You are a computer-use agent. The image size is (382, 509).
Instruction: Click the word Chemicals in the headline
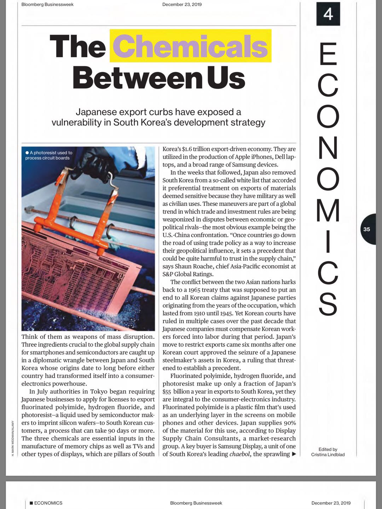pos(190,46)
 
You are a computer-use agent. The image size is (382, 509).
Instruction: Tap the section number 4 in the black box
pos(328,14)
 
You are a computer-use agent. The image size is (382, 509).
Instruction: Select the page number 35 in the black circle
pos(367,229)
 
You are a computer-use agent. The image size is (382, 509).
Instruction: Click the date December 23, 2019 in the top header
pos(182,5)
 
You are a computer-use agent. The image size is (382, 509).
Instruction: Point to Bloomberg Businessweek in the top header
pos(47,5)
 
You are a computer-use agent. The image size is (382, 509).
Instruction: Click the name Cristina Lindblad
pos(328,455)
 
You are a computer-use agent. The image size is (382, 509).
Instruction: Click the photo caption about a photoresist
pos(49,155)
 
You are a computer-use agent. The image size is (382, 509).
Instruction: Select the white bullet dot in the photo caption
pos(27,153)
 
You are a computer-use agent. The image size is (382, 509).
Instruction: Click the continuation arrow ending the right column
pos(294,454)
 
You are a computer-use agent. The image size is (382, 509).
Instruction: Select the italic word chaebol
pos(240,454)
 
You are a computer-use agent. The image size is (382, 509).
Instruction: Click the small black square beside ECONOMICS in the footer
pos(31,503)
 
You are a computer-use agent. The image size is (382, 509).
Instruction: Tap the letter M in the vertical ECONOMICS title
pos(328,211)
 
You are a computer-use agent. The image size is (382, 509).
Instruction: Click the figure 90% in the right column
pos(289,423)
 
